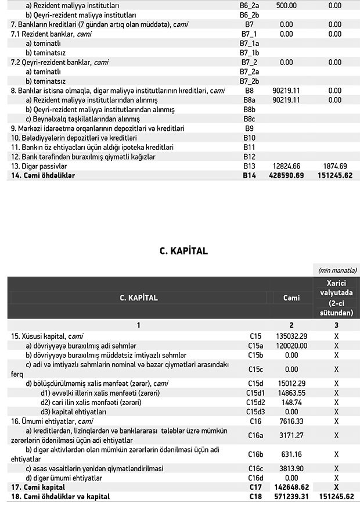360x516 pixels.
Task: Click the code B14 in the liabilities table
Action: click(249, 175)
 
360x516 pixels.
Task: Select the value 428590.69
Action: click(287, 175)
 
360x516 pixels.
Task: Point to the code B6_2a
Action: click(249, 5)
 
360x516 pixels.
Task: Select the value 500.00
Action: click(286, 5)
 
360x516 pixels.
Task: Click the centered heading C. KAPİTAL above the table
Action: click(183, 251)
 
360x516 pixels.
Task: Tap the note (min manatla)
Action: click(336, 270)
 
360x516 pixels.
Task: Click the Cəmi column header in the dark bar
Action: click(291, 298)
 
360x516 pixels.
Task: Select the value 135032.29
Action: click(291, 336)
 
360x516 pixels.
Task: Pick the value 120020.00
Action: click(291, 345)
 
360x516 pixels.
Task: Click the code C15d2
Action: click(256, 402)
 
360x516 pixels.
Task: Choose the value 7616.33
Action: click(291, 421)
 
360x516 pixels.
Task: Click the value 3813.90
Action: click(291, 468)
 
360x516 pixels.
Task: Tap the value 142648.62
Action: click(291, 487)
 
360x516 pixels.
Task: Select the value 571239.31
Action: click(291, 497)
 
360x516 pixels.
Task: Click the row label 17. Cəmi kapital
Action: click(38, 487)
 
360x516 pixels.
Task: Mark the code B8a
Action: click(249, 100)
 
